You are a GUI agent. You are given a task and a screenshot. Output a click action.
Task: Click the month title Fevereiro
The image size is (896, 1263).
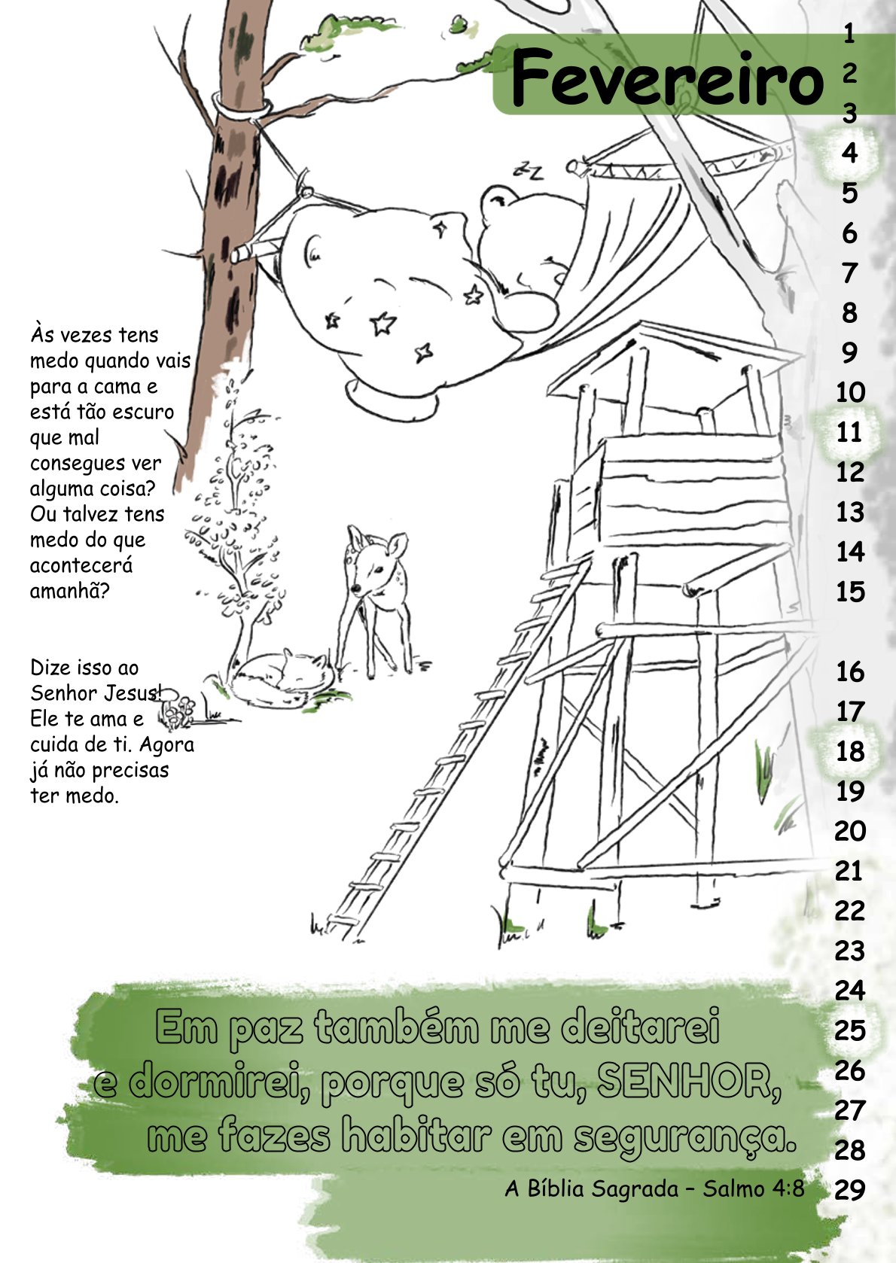(x=667, y=78)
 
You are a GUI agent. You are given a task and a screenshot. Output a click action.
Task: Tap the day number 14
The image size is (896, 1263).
(x=850, y=552)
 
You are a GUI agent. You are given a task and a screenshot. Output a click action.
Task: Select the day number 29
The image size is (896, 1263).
(x=850, y=1190)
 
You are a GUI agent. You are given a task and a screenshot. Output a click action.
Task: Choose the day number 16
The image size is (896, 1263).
(x=850, y=671)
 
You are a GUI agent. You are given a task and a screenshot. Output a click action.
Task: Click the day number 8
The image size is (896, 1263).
(x=850, y=312)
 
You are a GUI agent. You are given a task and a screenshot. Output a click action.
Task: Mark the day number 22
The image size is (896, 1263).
(x=850, y=911)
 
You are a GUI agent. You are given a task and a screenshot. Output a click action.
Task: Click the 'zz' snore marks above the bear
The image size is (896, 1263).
(x=529, y=170)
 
